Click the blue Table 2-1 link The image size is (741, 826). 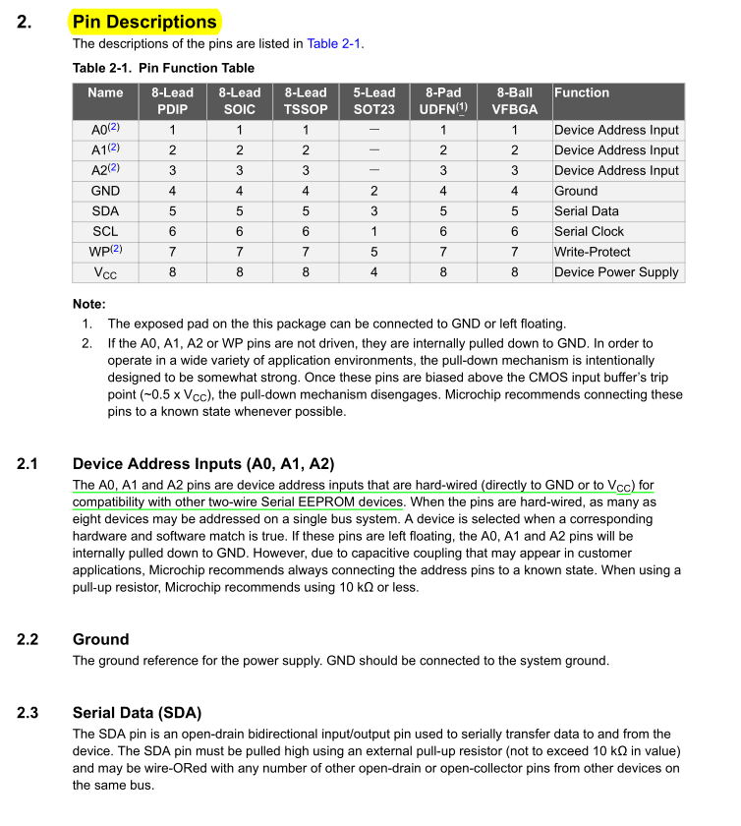(334, 43)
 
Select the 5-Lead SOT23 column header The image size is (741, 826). (373, 101)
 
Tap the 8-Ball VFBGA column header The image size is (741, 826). (514, 101)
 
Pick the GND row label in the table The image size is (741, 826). (105, 191)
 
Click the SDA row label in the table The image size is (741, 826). (105, 211)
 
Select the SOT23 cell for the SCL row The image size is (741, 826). (373, 231)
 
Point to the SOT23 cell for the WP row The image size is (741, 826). (373, 252)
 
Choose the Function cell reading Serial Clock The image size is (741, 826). (589, 231)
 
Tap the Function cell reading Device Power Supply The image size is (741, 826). (616, 272)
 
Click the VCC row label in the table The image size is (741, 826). (105, 272)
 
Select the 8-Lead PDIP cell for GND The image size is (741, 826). (172, 191)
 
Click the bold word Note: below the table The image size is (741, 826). (89, 304)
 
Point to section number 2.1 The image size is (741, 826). (28, 463)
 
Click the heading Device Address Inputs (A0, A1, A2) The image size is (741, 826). (203, 463)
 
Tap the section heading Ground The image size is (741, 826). (100, 639)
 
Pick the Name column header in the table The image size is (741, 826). (105, 92)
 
